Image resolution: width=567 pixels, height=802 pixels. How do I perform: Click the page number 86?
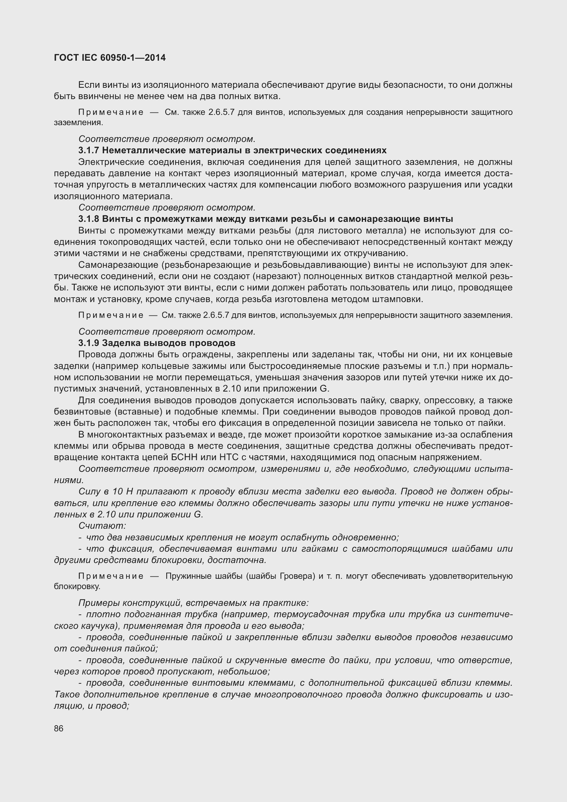tap(59, 728)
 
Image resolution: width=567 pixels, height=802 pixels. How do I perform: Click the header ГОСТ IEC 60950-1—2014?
tap(110, 58)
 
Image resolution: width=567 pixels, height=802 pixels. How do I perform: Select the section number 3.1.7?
tap(89, 151)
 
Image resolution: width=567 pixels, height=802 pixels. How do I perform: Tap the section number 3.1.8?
tap(89, 219)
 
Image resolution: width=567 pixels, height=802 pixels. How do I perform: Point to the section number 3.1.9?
tap(89, 343)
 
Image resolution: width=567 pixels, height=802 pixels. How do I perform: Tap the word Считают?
tap(102, 526)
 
